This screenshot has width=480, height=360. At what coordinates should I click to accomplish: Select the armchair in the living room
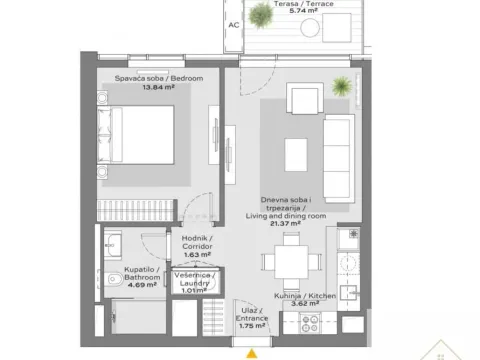click(304, 100)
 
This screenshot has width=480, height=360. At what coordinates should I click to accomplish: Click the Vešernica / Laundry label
click(189, 279)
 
